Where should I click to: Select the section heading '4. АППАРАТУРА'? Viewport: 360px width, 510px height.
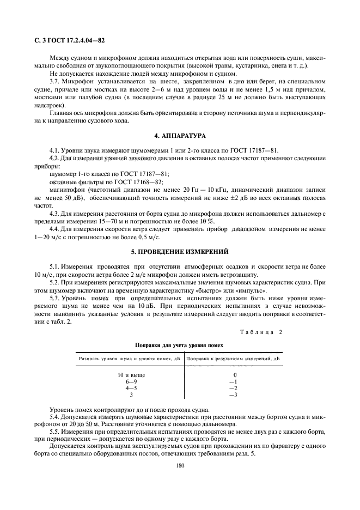[x=180, y=135]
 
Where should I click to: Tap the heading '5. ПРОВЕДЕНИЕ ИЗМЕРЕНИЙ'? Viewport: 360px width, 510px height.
[x=180, y=252]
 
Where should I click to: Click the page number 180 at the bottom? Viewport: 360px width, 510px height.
[x=180, y=465]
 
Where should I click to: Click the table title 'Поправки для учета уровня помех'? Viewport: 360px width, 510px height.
[x=179, y=345]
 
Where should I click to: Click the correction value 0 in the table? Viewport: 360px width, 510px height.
[x=235, y=375]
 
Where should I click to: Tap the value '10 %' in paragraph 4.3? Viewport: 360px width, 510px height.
[x=205, y=221]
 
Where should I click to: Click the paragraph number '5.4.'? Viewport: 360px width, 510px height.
[x=56, y=416]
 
